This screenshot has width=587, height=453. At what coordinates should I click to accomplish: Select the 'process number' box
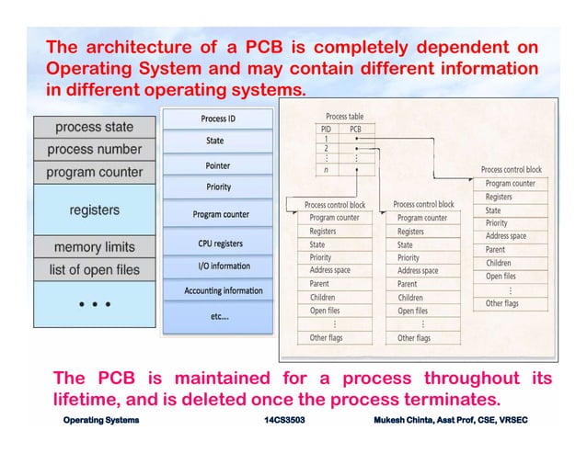coord(94,149)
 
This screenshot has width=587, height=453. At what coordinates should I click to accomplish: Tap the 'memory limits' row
coord(94,247)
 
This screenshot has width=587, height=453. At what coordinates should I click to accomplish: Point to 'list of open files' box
coord(94,270)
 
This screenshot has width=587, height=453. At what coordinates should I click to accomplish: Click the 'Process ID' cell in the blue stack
coord(218,119)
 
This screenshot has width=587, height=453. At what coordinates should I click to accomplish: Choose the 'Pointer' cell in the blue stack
coord(218,165)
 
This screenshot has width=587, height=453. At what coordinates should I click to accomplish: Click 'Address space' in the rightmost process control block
coord(505,236)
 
